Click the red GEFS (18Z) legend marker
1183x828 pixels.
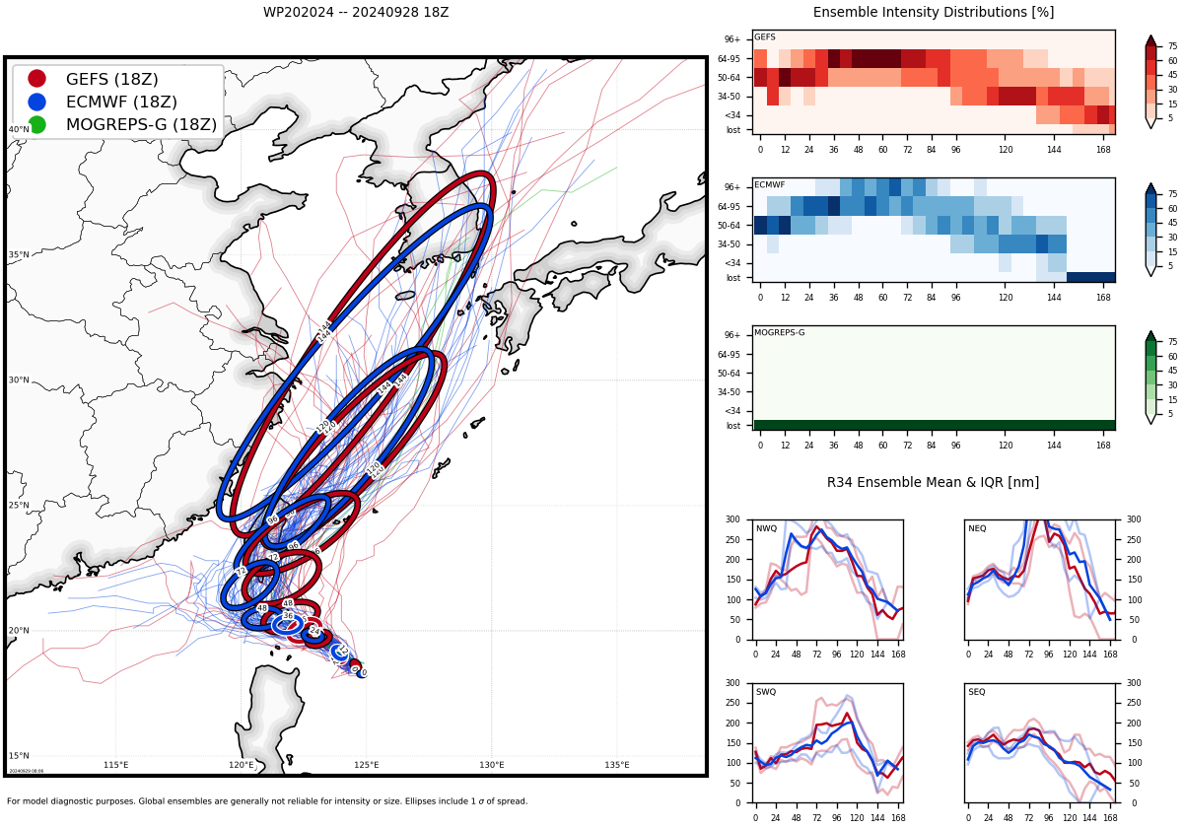coord(36,79)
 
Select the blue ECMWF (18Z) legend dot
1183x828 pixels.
coord(36,102)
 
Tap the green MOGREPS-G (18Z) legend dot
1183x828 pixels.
coord(36,124)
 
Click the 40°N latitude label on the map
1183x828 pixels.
coord(19,129)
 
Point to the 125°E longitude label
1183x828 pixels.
coord(367,765)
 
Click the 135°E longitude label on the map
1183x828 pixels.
coord(617,765)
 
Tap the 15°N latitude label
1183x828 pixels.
coord(19,756)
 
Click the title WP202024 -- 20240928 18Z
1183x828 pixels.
coord(356,13)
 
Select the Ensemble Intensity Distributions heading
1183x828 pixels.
coord(933,13)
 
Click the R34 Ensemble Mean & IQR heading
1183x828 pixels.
coord(933,483)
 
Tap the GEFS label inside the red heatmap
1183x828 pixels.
coord(765,37)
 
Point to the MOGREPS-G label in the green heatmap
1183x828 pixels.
coord(779,333)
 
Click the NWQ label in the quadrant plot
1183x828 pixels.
coord(766,528)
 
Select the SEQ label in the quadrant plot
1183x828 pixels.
coord(976,692)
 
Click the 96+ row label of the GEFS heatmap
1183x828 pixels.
coord(731,39)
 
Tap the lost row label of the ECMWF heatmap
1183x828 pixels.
coord(732,278)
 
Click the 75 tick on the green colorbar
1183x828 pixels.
coord(1173,342)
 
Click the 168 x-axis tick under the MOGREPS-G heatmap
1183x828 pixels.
coord(1103,446)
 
